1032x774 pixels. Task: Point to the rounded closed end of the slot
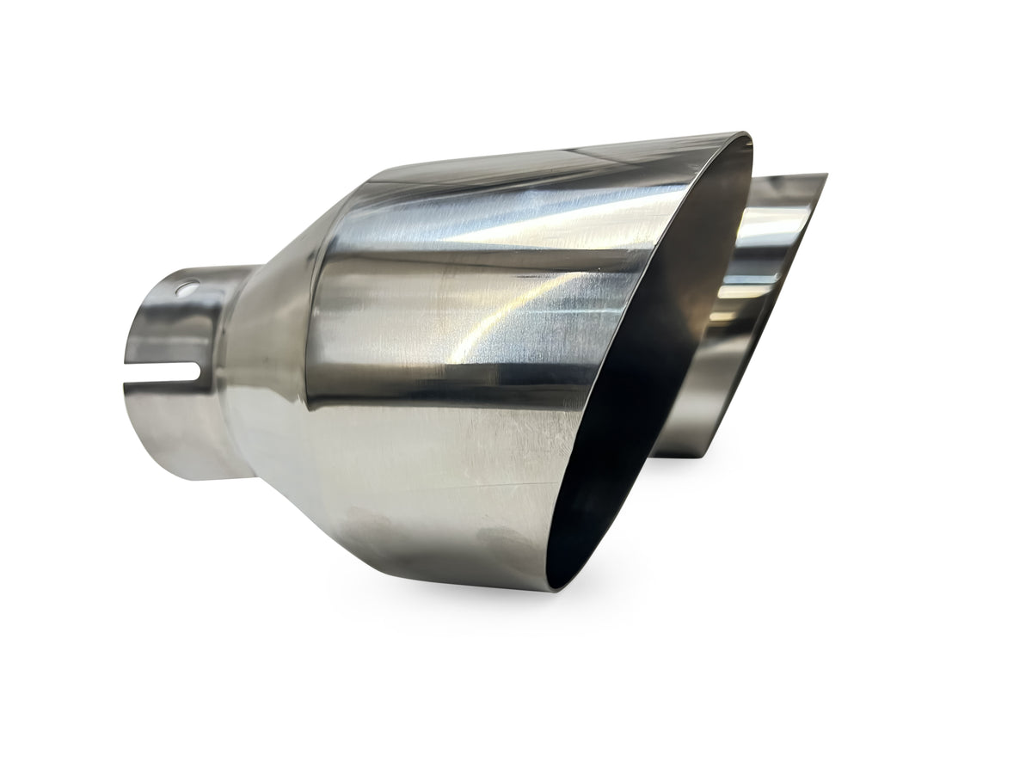tap(196, 372)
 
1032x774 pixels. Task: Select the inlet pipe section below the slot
tap(172, 430)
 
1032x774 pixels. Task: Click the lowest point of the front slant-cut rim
tap(550, 590)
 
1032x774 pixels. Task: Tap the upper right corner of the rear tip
tap(824, 176)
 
